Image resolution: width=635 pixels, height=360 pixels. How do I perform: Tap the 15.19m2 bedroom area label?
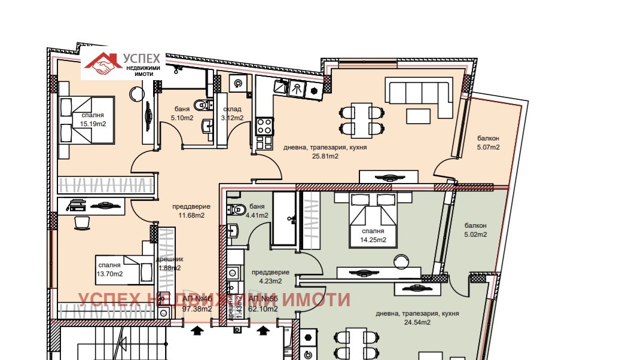(x=89, y=124)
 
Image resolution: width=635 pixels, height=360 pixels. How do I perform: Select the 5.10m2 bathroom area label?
(x=182, y=118)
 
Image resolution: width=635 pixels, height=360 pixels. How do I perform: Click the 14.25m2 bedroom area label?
(x=373, y=240)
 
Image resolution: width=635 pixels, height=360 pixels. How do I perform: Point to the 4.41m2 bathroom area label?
(x=257, y=215)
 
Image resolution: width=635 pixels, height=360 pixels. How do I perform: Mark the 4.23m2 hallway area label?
(x=270, y=280)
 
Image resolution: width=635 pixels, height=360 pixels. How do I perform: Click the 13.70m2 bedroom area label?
(x=110, y=274)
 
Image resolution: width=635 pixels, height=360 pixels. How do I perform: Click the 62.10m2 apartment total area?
(x=263, y=309)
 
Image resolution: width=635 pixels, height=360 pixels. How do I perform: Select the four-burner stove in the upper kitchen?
(x=264, y=126)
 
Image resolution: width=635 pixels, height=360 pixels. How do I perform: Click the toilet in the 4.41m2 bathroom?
(x=235, y=210)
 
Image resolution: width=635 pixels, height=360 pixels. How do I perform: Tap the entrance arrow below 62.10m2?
(x=263, y=328)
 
